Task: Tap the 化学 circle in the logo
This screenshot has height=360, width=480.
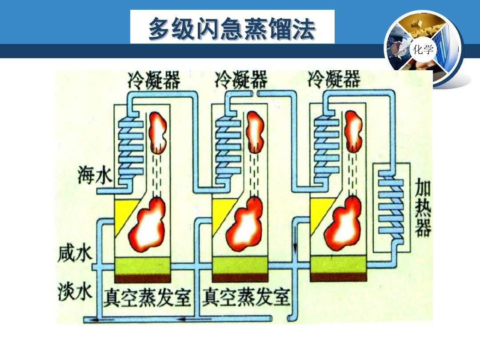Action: point(422,50)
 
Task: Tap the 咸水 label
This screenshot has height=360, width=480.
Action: point(75,254)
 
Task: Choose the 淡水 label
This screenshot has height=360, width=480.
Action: point(75,292)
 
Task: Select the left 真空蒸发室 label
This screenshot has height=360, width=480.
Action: point(147,297)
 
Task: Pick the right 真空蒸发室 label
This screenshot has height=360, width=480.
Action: point(246,297)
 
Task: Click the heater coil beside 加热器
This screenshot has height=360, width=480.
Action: point(391,209)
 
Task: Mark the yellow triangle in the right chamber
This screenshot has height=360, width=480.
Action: point(318,211)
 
